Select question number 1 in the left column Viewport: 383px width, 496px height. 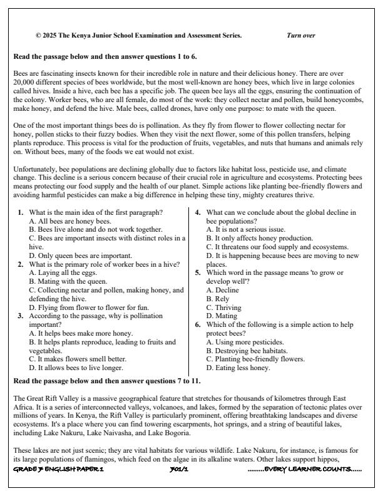point(21,212)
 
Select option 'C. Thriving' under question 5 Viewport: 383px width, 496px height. point(227,299)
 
